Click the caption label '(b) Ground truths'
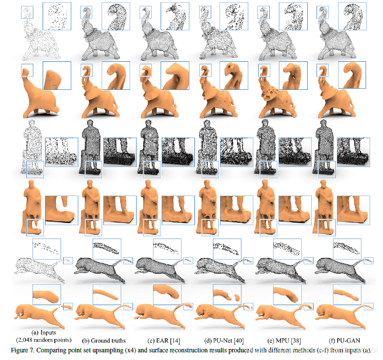click(x=104, y=341)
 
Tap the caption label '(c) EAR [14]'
click(x=163, y=341)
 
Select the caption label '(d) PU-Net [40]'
click(x=224, y=341)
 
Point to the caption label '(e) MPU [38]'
click(x=284, y=341)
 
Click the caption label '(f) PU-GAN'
click(x=344, y=341)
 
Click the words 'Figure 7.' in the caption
click(x=23, y=350)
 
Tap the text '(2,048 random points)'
click(x=44, y=340)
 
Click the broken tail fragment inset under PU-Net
click(x=227, y=294)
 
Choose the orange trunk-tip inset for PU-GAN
click(x=352, y=75)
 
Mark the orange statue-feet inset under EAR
click(x=178, y=210)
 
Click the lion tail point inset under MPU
click(x=287, y=249)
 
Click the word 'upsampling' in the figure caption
click(x=109, y=350)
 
